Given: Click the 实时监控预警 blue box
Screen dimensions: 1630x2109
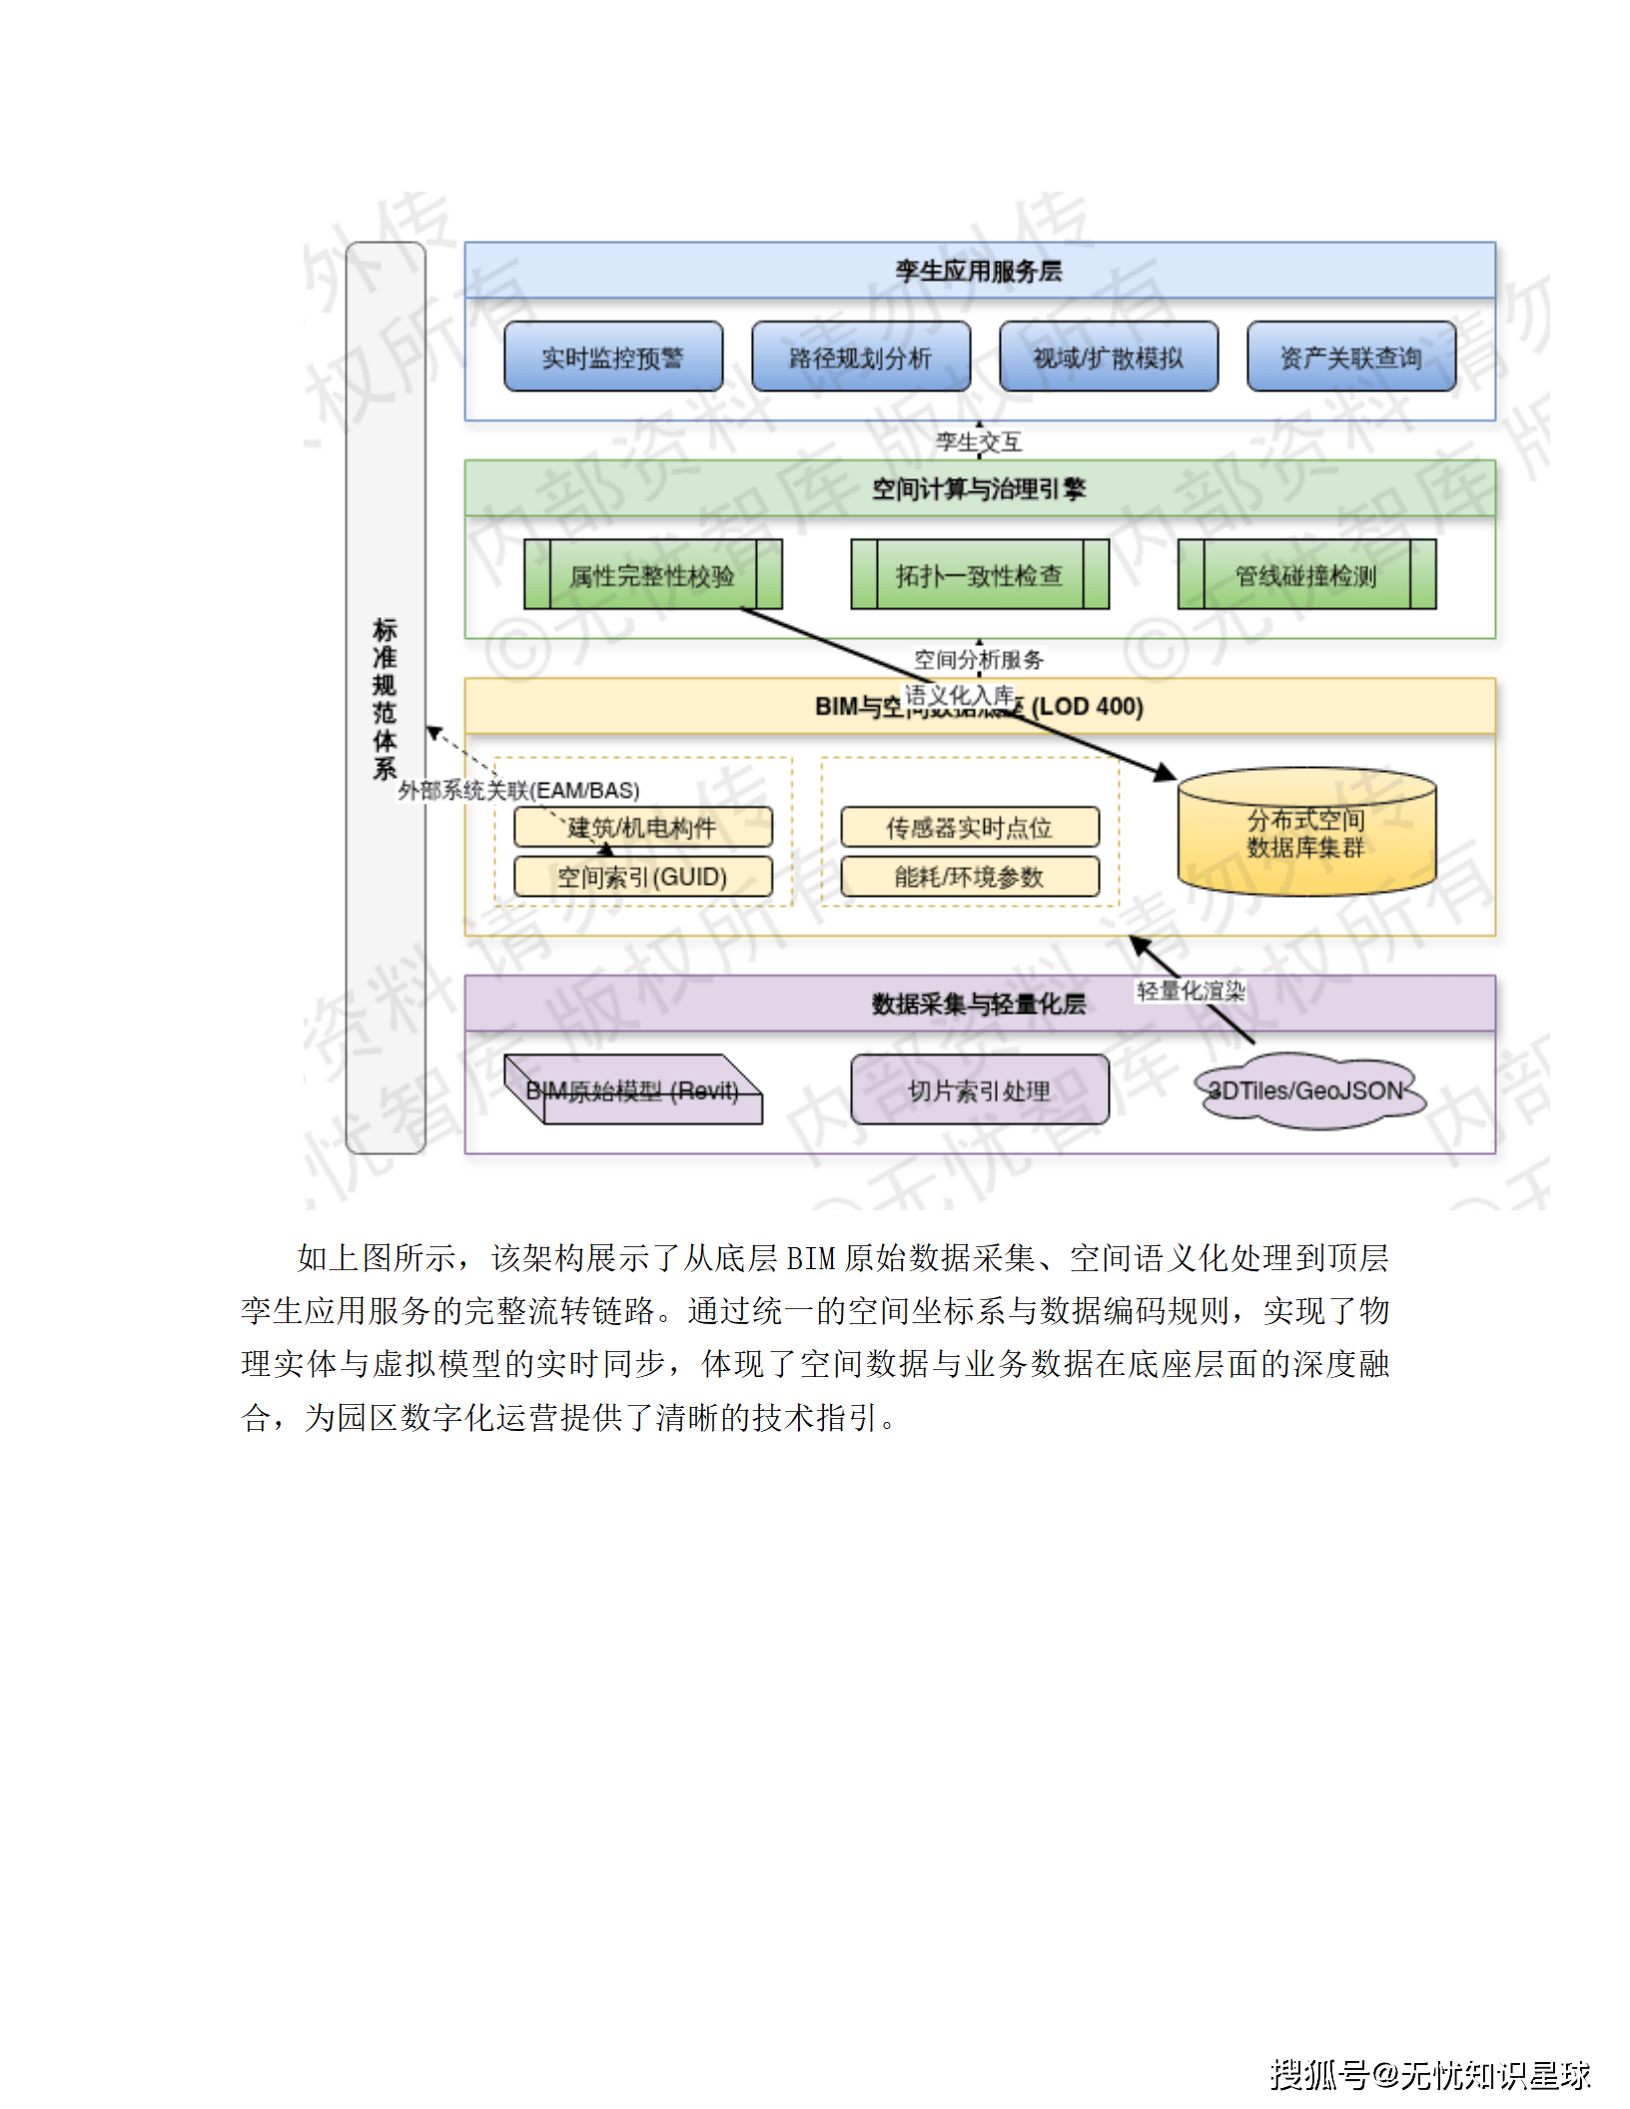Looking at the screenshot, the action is pos(612,356).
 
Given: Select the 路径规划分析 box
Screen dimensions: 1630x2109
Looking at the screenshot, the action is pos(860,356).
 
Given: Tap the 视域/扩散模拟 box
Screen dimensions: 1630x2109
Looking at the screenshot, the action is pos(1108,356).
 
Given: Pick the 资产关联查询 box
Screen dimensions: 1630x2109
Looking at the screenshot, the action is pos(1350,356).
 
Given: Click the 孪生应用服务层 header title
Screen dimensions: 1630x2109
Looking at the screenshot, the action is pos(979,271).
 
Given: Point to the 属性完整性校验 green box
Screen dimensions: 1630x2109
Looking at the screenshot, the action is pos(652,575).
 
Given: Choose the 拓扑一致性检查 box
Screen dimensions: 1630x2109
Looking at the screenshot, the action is pos(979,575).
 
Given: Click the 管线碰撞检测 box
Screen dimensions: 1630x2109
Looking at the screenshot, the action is pos(1305,575).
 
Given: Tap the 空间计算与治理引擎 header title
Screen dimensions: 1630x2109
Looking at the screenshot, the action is pos(979,488).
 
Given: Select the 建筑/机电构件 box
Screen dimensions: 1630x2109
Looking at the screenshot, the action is pos(642,827).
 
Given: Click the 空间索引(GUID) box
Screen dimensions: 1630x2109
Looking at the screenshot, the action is pos(642,877).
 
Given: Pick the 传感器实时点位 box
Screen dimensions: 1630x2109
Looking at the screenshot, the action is pos(969,827).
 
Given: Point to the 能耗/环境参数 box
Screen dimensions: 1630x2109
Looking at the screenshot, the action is pos(969,877).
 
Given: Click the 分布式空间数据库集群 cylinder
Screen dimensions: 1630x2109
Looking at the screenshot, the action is pos(1305,833).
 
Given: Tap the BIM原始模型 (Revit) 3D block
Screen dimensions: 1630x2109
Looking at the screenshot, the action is pos(632,1090).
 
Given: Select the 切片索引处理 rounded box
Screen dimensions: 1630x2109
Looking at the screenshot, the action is pos(979,1090).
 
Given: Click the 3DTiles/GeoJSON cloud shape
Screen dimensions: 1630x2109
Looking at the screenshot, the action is pos(1305,1090).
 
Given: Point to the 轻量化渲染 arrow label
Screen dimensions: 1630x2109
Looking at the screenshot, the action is pos(1191,991).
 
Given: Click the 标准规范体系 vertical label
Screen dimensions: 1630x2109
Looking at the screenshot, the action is pos(385,698).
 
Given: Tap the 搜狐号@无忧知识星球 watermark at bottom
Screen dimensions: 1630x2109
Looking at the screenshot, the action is pos(1429,2074).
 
